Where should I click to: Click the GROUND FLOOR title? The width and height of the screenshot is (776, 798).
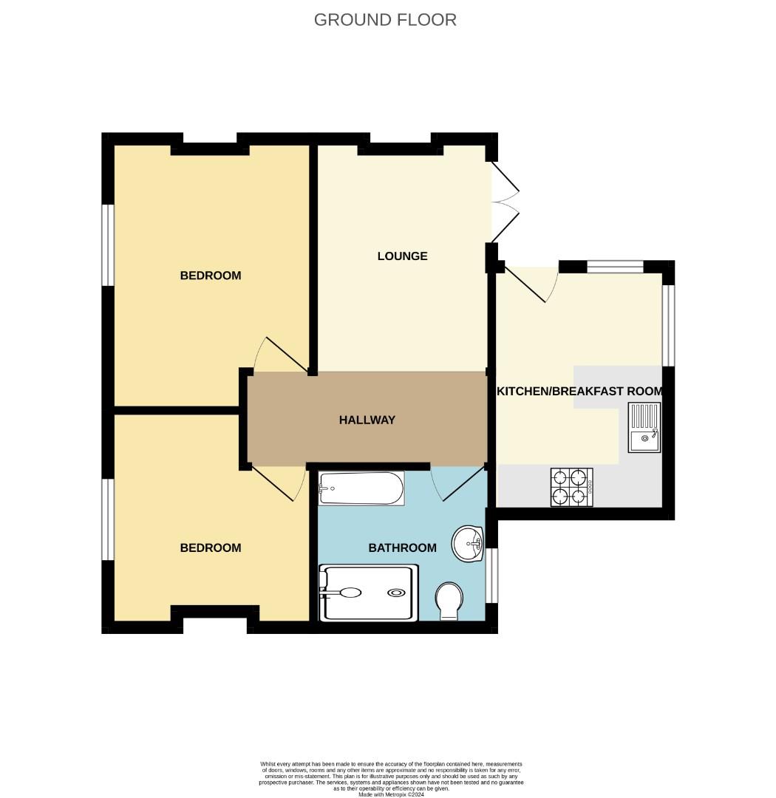tap(385, 20)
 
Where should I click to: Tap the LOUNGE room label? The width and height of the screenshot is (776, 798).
tap(402, 256)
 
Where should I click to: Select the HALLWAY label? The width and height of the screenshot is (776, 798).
tap(367, 420)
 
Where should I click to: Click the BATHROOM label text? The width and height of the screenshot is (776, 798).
tap(402, 548)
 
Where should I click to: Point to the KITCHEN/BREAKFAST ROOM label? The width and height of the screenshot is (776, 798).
tap(579, 391)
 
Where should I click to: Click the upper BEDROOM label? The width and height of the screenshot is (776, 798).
tap(211, 276)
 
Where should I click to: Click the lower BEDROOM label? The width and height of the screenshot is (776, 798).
tap(211, 548)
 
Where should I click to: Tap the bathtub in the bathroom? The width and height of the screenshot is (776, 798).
tap(361, 488)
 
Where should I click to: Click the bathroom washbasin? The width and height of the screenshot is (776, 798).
tap(467, 543)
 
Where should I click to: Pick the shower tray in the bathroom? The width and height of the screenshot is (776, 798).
tap(368, 592)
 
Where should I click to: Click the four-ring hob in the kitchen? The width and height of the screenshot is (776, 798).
tap(571, 487)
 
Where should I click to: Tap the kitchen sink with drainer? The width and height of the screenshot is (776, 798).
tap(644, 427)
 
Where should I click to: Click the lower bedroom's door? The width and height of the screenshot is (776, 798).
tap(279, 483)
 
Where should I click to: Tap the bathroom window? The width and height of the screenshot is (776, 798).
tap(491, 576)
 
